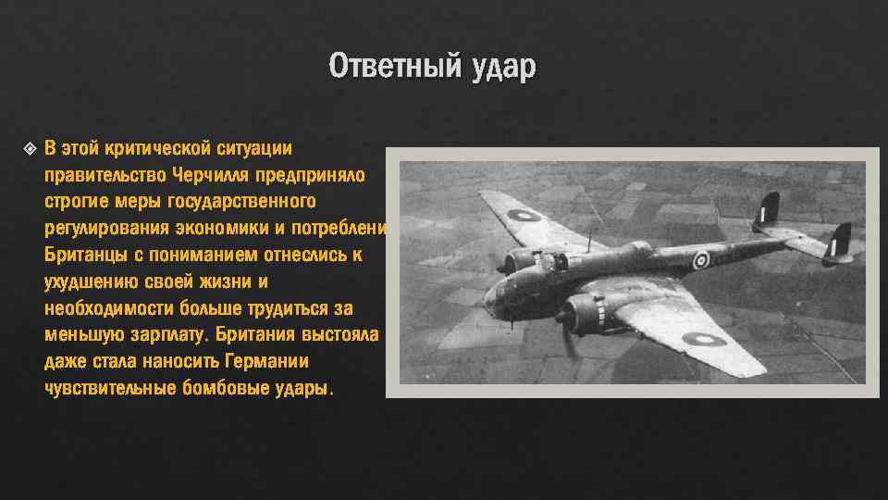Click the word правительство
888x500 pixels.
click(103, 175)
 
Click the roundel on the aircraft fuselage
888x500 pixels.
click(701, 260)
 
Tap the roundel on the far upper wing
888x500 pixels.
click(524, 216)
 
